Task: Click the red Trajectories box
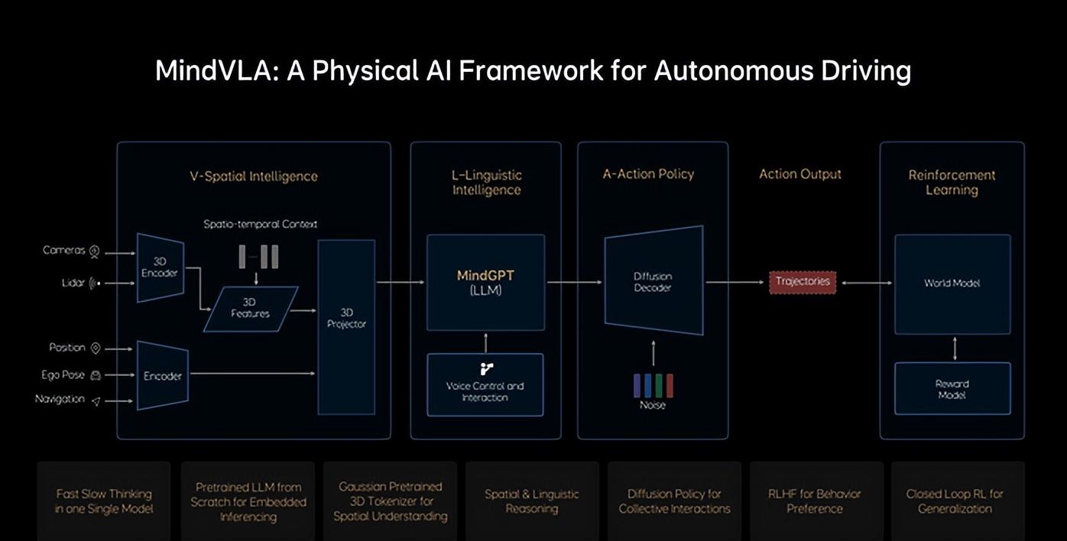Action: click(x=803, y=282)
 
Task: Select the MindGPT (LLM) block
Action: click(x=485, y=283)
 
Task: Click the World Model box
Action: click(x=952, y=283)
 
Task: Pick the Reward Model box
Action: click(x=952, y=389)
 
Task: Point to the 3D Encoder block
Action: click(x=161, y=267)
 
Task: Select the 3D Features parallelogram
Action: click(x=251, y=309)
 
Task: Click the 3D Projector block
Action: click(x=346, y=327)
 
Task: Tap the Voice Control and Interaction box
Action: click(x=485, y=385)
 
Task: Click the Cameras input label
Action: click(x=64, y=251)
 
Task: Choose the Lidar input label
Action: click(x=73, y=283)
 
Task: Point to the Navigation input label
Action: click(x=60, y=399)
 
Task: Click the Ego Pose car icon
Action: click(x=96, y=376)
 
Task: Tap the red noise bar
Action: click(x=670, y=386)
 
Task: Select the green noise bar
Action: click(x=659, y=386)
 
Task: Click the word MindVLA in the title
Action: click(x=217, y=70)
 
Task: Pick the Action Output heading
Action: click(x=800, y=174)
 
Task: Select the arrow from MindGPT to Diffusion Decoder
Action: click(x=575, y=283)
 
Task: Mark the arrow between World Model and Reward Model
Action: click(x=955, y=348)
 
